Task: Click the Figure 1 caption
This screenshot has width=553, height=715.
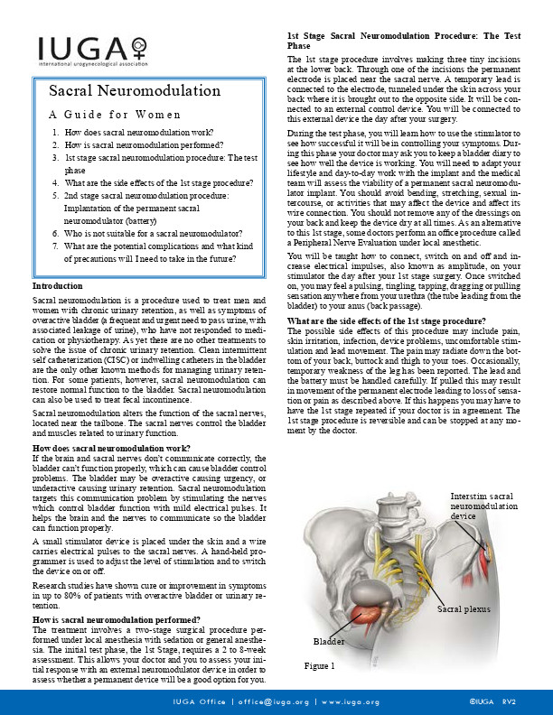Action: point(320,666)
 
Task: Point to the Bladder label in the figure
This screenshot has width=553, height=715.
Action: point(329,640)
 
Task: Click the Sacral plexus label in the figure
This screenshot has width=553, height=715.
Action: point(464,611)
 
